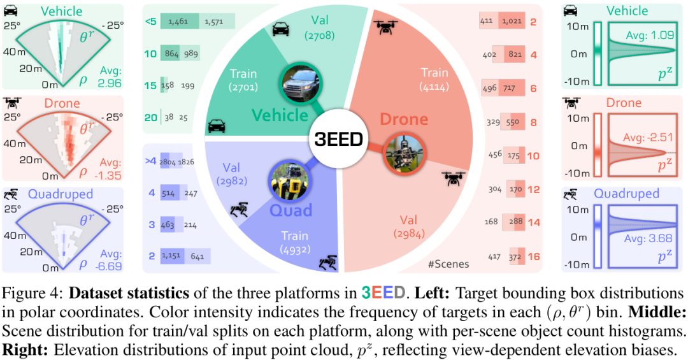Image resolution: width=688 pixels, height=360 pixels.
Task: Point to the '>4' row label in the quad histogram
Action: click(x=151, y=161)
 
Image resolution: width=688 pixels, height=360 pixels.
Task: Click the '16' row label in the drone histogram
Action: click(x=534, y=256)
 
